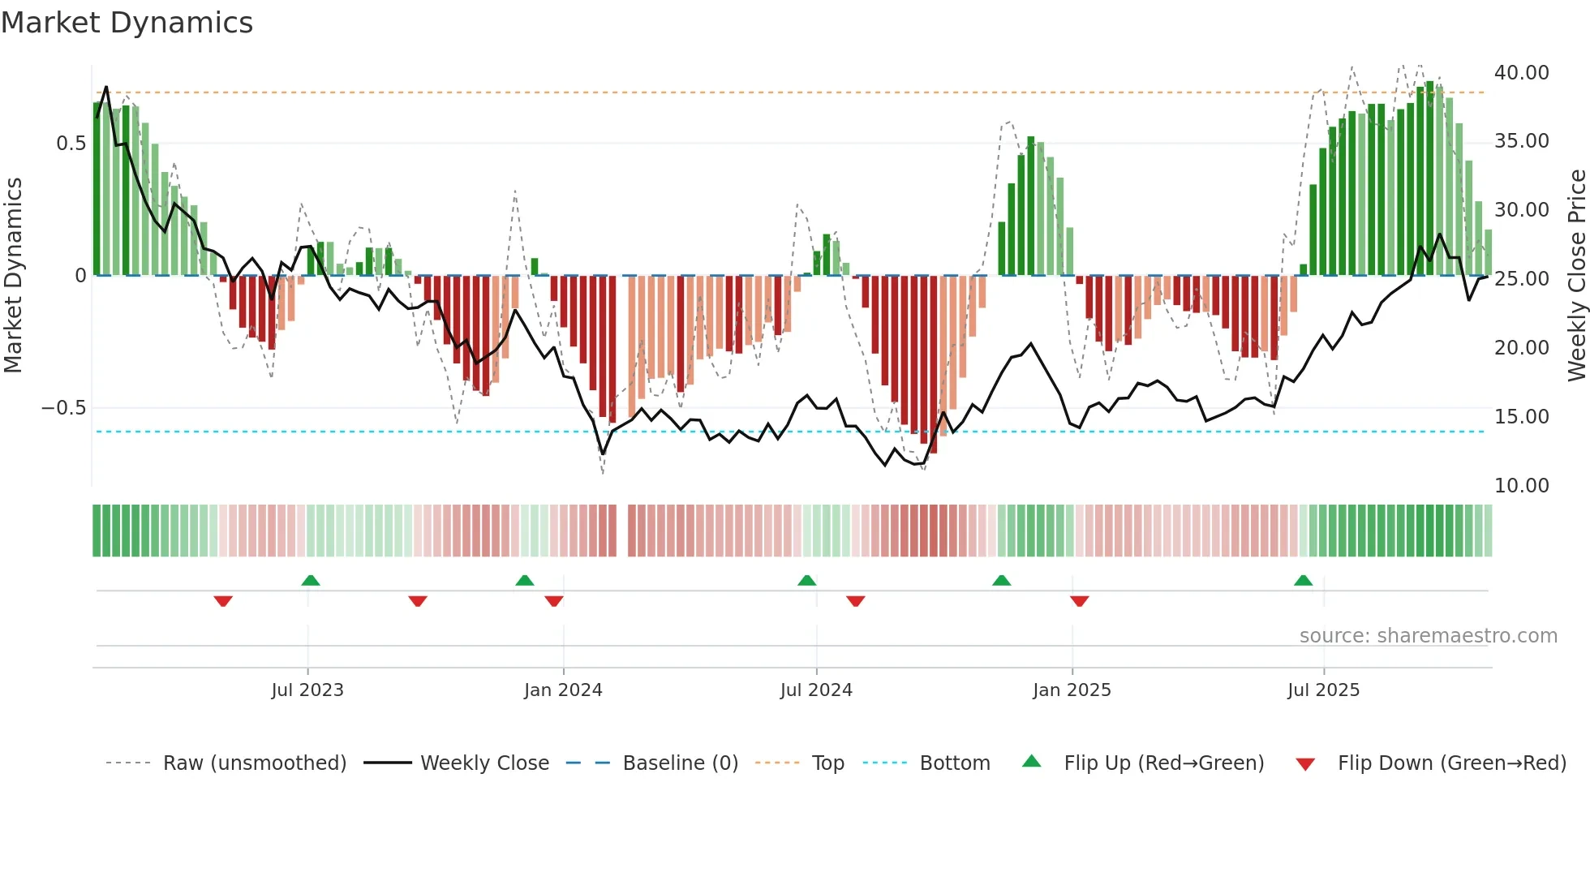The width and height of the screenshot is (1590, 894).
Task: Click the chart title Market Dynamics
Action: tap(127, 23)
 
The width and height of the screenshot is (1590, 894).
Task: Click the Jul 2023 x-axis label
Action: tap(307, 690)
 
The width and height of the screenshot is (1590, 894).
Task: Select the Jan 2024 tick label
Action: tap(563, 690)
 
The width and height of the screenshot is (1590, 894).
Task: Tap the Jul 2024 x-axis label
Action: tap(816, 690)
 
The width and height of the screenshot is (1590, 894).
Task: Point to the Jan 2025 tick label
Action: tap(1072, 690)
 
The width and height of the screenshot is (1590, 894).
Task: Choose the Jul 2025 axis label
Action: tap(1323, 690)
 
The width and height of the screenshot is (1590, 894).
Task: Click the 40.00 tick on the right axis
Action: tap(1521, 73)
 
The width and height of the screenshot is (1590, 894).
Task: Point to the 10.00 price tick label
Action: tap(1521, 486)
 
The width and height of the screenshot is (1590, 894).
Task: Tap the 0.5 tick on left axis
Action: tap(71, 144)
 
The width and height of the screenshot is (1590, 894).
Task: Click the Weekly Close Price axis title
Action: tap(1576, 276)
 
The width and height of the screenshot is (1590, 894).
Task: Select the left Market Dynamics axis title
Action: tap(13, 276)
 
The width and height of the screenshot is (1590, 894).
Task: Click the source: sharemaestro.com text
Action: tap(1428, 636)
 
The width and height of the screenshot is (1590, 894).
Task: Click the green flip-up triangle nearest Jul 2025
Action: tap(1303, 581)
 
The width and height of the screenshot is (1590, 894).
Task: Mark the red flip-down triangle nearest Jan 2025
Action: tap(1079, 601)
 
